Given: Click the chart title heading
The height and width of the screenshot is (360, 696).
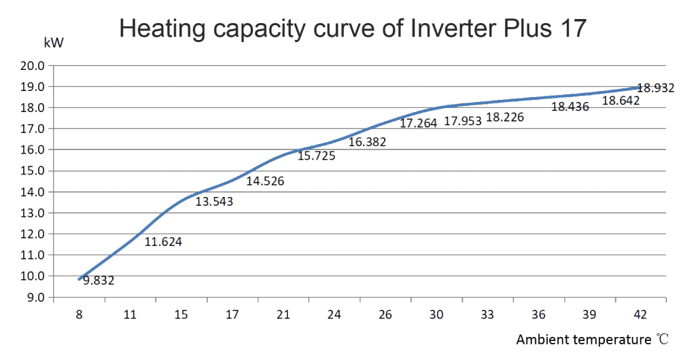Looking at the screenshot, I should click(x=353, y=29).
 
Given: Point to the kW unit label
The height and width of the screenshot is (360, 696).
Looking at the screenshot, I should click(x=54, y=44).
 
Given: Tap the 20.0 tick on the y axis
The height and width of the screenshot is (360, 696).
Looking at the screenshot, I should click(x=32, y=66).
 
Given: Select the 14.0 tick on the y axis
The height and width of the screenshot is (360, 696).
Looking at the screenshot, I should click(x=32, y=192).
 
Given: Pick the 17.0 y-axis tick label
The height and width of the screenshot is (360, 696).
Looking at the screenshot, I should click(x=32, y=129).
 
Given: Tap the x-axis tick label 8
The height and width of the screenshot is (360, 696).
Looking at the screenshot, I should click(x=80, y=314).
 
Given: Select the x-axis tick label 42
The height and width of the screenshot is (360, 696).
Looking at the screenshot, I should click(x=640, y=314).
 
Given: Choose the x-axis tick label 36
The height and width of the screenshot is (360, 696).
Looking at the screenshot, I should click(x=538, y=314).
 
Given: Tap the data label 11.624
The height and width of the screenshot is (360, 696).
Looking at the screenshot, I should click(x=164, y=241).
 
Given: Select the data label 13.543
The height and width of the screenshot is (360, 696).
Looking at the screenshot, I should click(x=214, y=202).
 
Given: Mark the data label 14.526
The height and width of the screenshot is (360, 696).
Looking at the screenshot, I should click(x=265, y=181).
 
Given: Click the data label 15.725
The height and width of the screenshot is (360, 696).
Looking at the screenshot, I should click(x=317, y=156).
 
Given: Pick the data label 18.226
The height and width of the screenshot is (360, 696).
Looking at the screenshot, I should click(x=506, y=117).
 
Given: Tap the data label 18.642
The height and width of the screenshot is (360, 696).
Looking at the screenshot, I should click(x=621, y=101).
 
